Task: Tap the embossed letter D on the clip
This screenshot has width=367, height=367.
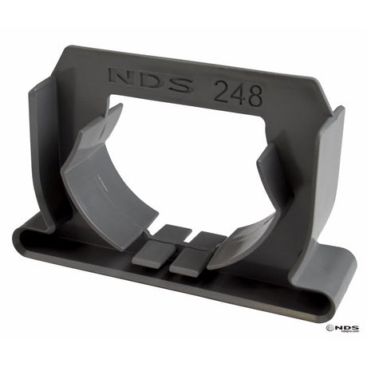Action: (x=151, y=81)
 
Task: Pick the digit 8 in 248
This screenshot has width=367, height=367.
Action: (x=254, y=97)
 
